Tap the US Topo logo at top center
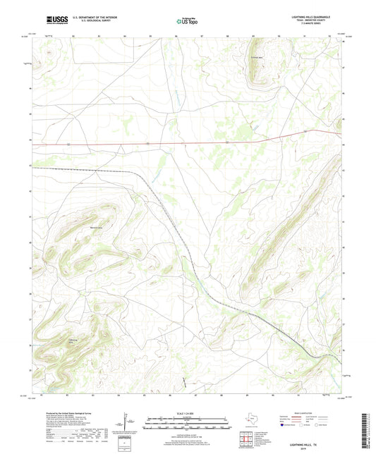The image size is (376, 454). coord(187,21)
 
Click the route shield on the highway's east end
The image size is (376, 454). coord(304,131)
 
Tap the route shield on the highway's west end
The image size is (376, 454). coord(68,144)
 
